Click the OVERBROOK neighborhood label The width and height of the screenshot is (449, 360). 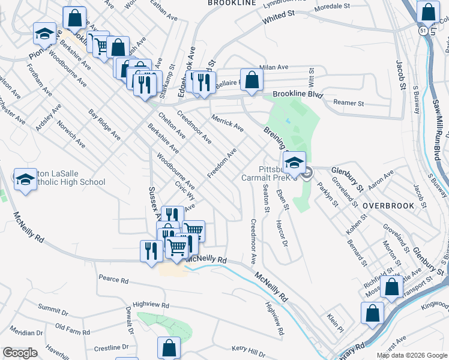click(x=388, y=206)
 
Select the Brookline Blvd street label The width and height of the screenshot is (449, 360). click(x=298, y=95)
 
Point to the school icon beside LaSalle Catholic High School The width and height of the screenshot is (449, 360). click(x=26, y=179)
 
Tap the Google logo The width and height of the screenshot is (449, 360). click(x=20, y=353)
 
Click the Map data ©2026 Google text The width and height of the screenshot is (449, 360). click(x=412, y=355)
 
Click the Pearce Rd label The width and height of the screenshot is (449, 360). click(x=114, y=280)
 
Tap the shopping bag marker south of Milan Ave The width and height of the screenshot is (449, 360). click(x=253, y=80)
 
